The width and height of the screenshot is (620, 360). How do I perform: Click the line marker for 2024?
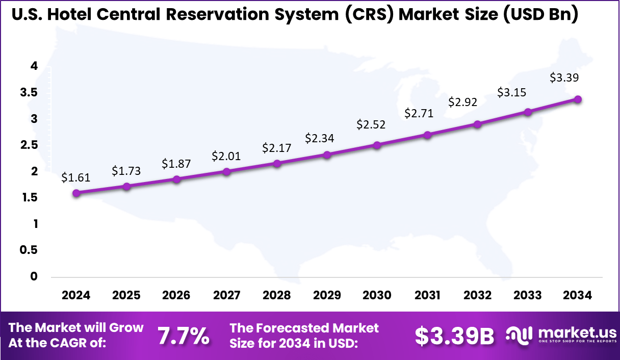click(x=76, y=193)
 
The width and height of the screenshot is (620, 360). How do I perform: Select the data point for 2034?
click(x=578, y=99)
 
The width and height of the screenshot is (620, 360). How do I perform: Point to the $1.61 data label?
click(x=75, y=177)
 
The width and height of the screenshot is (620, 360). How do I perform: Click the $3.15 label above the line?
click(x=511, y=93)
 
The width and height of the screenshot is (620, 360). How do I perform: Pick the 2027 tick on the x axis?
click(x=226, y=296)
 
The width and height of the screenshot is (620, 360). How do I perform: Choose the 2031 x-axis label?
click(x=427, y=296)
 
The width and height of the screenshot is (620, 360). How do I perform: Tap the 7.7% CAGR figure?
click(x=183, y=336)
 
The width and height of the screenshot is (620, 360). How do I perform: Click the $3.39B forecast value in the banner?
click(x=454, y=336)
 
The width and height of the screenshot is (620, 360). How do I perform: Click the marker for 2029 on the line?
click(x=327, y=155)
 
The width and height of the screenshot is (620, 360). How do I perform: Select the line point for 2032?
click(x=477, y=124)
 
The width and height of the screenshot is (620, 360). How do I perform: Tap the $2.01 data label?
click(x=226, y=156)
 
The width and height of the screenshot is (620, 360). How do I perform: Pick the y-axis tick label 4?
click(x=34, y=66)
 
